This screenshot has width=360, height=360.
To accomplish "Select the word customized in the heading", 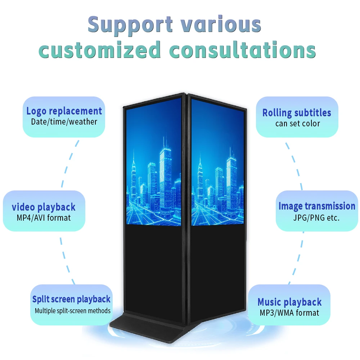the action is pyautogui.click(x=99, y=50).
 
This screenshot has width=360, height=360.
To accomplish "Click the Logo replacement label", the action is pyautogui.click(x=64, y=111).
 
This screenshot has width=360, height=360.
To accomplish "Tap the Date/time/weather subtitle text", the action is pyautogui.click(x=64, y=122).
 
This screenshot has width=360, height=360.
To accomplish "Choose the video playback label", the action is pyautogui.click(x=44, y=207).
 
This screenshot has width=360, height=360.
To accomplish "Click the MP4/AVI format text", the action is pyautogui.click(x=44, y=218).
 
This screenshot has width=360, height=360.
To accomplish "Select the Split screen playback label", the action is pyautogui.click(x=71, y=300).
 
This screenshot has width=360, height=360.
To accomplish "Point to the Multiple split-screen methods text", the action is pyautogui.click(x=73, y=311).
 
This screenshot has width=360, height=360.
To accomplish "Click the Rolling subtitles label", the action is pyautogui.click(x=297, y=113).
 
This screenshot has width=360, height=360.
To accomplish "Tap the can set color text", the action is pyautogui.click(x=298, y=123).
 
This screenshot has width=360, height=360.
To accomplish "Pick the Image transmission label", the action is pyautogui.click(x=317, y=206).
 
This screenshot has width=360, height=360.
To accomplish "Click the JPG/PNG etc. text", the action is pyautogui.click(x=316, y=218).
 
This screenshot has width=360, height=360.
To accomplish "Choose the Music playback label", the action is pyautogui.click(x=289, y=302).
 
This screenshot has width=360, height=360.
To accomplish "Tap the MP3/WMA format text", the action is pyautogui.click(x=289, y=313).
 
